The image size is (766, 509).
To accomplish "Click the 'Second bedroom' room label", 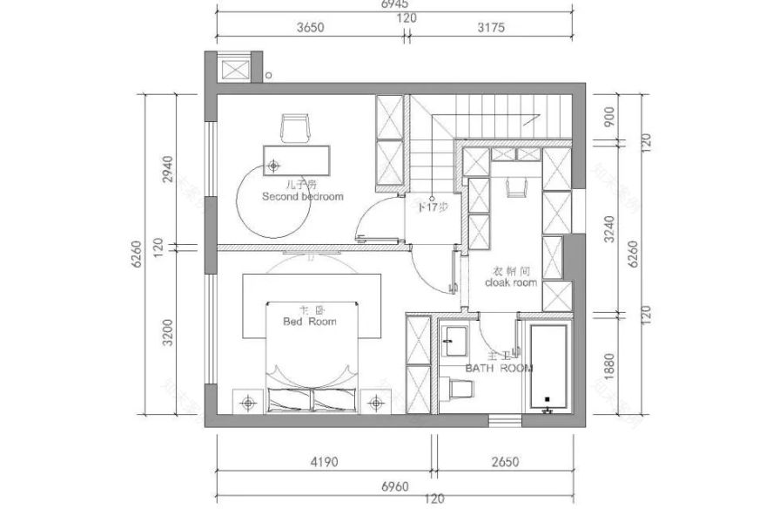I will point(302,196).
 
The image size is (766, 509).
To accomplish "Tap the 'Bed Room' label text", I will point(310,321).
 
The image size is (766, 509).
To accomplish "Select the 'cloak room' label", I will point(511,283).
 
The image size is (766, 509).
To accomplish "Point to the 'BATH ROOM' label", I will point(498,369).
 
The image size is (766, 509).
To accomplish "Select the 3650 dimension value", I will point(310,27).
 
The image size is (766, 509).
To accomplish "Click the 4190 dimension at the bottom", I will point(323,463).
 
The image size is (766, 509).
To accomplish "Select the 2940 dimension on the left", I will point(169,169).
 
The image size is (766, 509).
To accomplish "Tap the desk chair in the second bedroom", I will point(296,128).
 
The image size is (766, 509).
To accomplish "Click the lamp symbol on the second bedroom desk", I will point(274,164).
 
